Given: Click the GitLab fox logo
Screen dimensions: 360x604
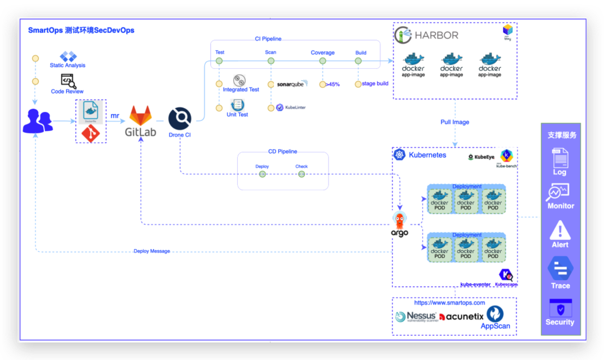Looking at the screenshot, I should point(140,115).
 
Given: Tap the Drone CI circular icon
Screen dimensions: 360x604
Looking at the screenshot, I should point(180,119).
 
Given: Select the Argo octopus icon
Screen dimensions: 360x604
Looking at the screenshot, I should point(400,220).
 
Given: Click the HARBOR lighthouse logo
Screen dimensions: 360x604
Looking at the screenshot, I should point(403,35).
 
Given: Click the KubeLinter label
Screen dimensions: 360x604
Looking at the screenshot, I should point(295,107).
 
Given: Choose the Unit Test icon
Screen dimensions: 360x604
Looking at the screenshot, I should point(238,105).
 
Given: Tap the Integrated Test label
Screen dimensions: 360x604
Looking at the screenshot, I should point(241,90).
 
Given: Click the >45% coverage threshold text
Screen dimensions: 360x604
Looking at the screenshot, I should point(333,85).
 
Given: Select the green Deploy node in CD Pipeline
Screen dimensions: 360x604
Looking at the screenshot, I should point(262,174).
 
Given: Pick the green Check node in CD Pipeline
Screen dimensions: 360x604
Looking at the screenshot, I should point(301,174).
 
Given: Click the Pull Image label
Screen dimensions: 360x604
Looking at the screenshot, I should point(455,122).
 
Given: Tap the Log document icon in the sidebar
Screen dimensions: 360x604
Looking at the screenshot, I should point(560,158).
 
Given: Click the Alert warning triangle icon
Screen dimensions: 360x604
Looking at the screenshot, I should point(560,230).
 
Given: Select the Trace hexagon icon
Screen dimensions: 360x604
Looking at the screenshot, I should point(560,268).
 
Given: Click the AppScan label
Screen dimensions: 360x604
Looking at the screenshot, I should point(495,326).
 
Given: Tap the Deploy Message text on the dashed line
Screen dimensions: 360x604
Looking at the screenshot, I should point(152,251).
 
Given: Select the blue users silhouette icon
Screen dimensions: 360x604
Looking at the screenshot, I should point(37,121).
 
